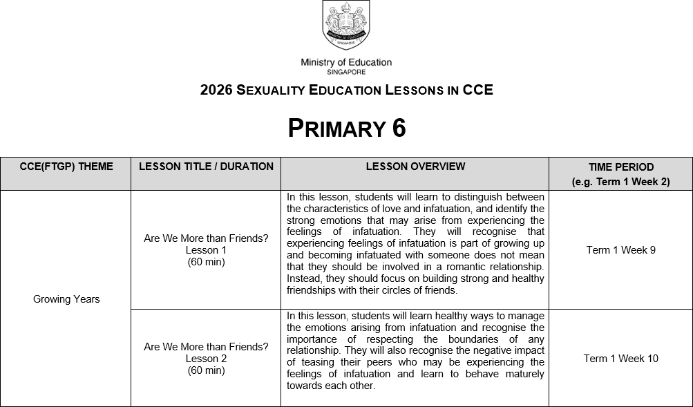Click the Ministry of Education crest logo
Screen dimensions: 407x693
[346, 26]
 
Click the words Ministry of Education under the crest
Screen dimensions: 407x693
[346, 62]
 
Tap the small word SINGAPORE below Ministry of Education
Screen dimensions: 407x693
[346, 71]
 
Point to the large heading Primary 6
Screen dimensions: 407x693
[346, 128]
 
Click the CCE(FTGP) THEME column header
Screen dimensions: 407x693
[66, 167]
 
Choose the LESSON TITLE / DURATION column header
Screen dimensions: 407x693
[206, 167]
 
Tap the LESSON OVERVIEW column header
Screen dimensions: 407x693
[415, 167]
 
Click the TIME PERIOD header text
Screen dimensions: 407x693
[621, 167]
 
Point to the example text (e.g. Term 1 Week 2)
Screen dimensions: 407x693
[621, 182]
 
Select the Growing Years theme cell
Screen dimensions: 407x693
[66, 299]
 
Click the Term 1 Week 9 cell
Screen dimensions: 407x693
[621, 250]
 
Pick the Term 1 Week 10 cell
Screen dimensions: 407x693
[621, 359]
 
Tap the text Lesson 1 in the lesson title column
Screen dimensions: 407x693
[206, 250]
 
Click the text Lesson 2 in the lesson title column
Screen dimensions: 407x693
[206, 359]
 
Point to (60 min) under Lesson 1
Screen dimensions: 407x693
[206, 262]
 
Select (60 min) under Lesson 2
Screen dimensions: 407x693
[206, 370]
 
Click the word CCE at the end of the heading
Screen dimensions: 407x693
[477, 91]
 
